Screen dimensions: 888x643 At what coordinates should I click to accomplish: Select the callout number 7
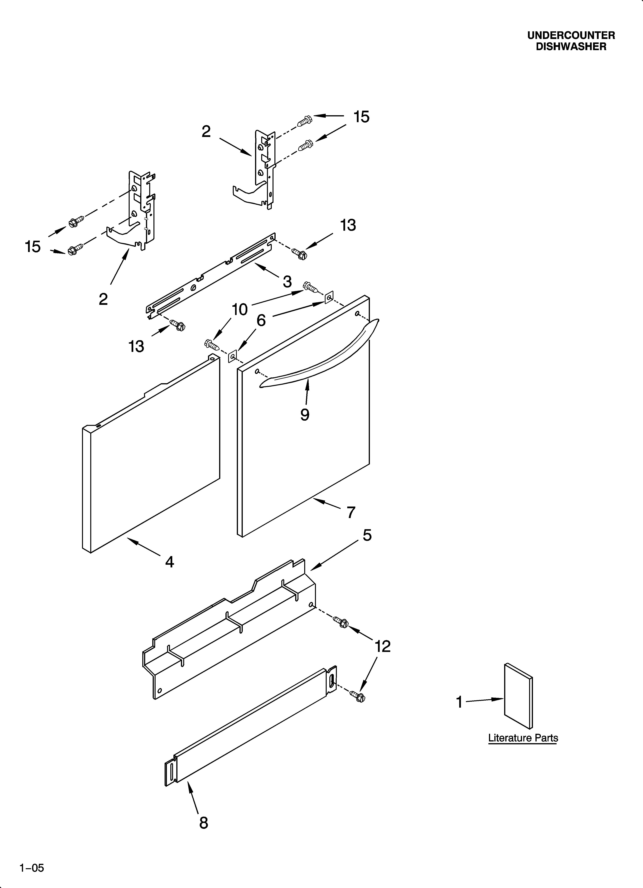(351, 512)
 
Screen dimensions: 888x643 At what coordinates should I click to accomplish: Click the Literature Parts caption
(523, 738)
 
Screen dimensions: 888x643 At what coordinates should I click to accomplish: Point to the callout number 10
(240, 310)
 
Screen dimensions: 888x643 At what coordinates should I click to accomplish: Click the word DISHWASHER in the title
(571, 47)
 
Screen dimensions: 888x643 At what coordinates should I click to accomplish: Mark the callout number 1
(459, 702)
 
